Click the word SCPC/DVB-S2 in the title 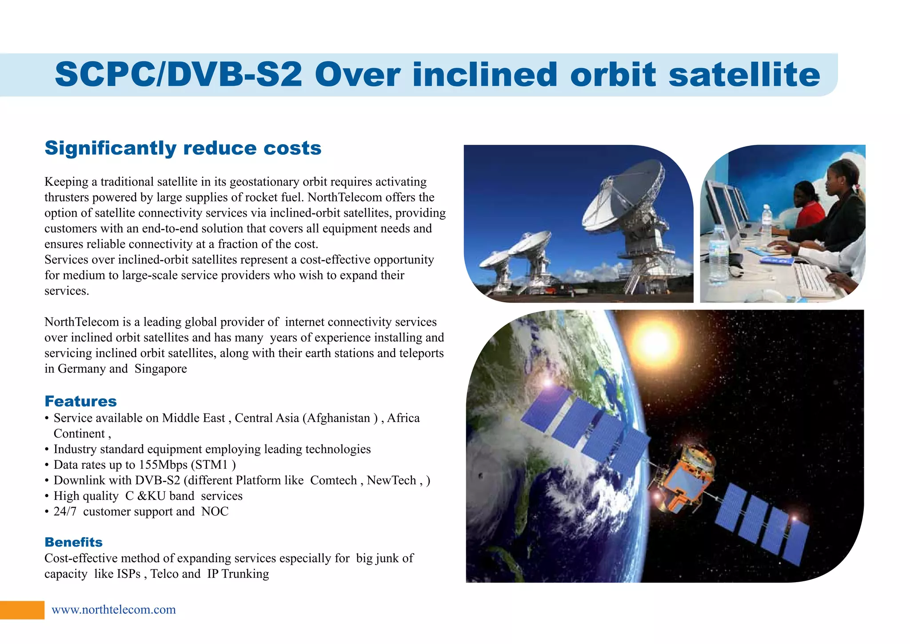point(178,74)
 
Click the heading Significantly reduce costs point(183,148)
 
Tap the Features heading point(80,401)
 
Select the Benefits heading point(73,542)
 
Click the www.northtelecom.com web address point(114,609)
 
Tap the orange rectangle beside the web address point(22,610)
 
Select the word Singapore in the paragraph point(160,369)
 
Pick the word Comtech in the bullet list point(333,480)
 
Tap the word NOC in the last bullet point(215,511)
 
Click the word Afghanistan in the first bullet point(338,418)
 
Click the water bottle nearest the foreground point(718,256)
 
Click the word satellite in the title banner point(744,74)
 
